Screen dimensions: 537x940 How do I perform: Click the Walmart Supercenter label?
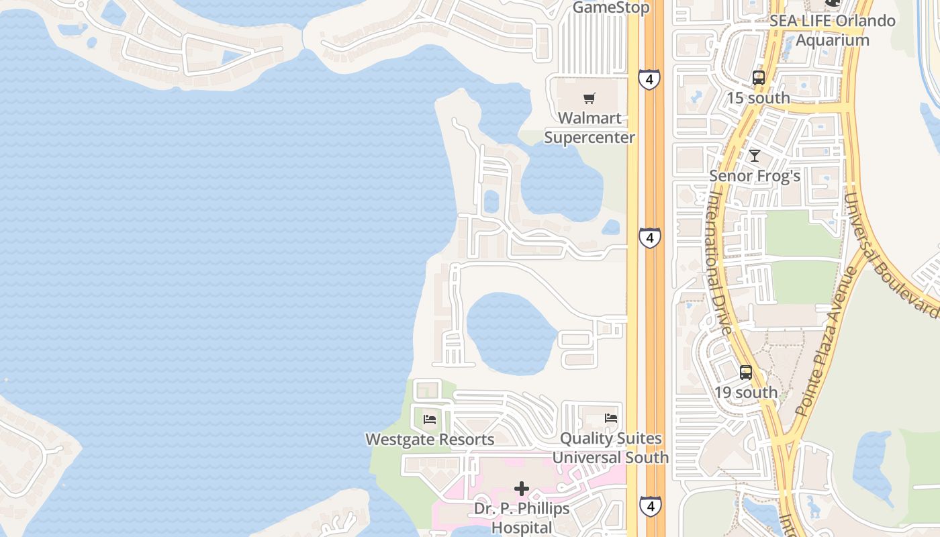pyautogui.click(x=589, y=128)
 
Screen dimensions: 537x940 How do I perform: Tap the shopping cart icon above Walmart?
pyautogui.click(x=589, y=99)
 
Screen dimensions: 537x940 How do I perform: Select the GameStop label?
pyautogui.click(x=611, y=8)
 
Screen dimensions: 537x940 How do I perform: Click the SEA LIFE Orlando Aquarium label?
pyautogui.click(x=833, y=30)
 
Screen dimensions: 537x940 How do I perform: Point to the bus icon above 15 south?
pyautogui.click(x=759, y=78)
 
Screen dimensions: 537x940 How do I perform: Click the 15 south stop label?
pyautogui.click(x=758, y=98)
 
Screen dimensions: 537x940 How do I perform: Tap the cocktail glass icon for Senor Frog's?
pyautogui.click(x=755, y=156)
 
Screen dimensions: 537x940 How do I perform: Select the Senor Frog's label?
pyautogui.click(x=755, y=176)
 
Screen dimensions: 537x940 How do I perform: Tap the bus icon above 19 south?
pyautogui.click(x=746, y=373)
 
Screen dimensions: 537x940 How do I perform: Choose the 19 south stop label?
pyautogui.click(x=746, y=393)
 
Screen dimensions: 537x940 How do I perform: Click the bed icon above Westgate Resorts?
pyautogui.click(x=430, y=420)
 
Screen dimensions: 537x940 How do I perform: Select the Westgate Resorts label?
pyautogui.click(x=430, y=440)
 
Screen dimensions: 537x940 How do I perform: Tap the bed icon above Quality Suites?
pyautogui.click(x=611, y=418)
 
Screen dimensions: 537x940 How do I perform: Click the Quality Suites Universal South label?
pyautogui.click(x=610, y=448)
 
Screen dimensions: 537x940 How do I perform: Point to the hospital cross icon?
pyautogui.click(x=522, y=489)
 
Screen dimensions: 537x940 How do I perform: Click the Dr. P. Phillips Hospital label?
pyautogui.click(x=522, y=518)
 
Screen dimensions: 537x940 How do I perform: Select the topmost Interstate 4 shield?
pyautogui.click(x=649, y=80)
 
